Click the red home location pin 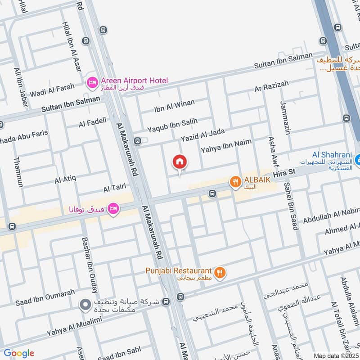tap(180, 162)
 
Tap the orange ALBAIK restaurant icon tap(234, 182)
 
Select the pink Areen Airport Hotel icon tap(92, 82)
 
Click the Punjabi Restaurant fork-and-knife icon tap(220, 272)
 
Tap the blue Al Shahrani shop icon tap(357, 160)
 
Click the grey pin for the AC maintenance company tap(84, 305)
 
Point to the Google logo tap(19, 353)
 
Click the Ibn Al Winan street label tap(174, 106)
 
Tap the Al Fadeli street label tap(92, 122)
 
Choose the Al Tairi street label tap(113, 189)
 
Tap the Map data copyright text tap(335, 355)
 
